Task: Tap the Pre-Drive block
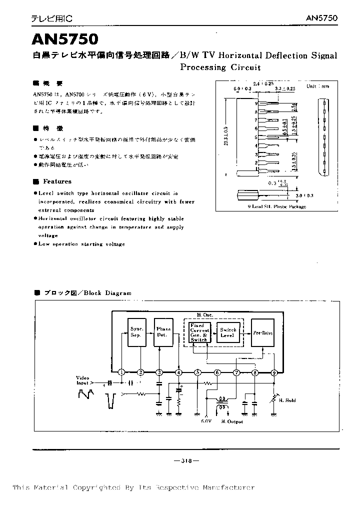pos(262,332)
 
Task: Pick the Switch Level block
pos(227,332)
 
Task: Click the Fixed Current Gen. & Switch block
pos(199,332)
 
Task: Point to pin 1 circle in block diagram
pos(121,372)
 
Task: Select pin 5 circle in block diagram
pos(198,372)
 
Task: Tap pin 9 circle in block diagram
pos(274,372)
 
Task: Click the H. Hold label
pos(287,400)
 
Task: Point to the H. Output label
pos(232,421)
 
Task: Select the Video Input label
pos(83,380)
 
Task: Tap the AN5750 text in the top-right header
pos(321,18)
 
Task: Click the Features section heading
pos(57,181)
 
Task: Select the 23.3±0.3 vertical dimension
pos(226,135)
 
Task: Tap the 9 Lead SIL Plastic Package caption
pos(276,206)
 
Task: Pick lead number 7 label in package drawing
pos(256,120)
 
